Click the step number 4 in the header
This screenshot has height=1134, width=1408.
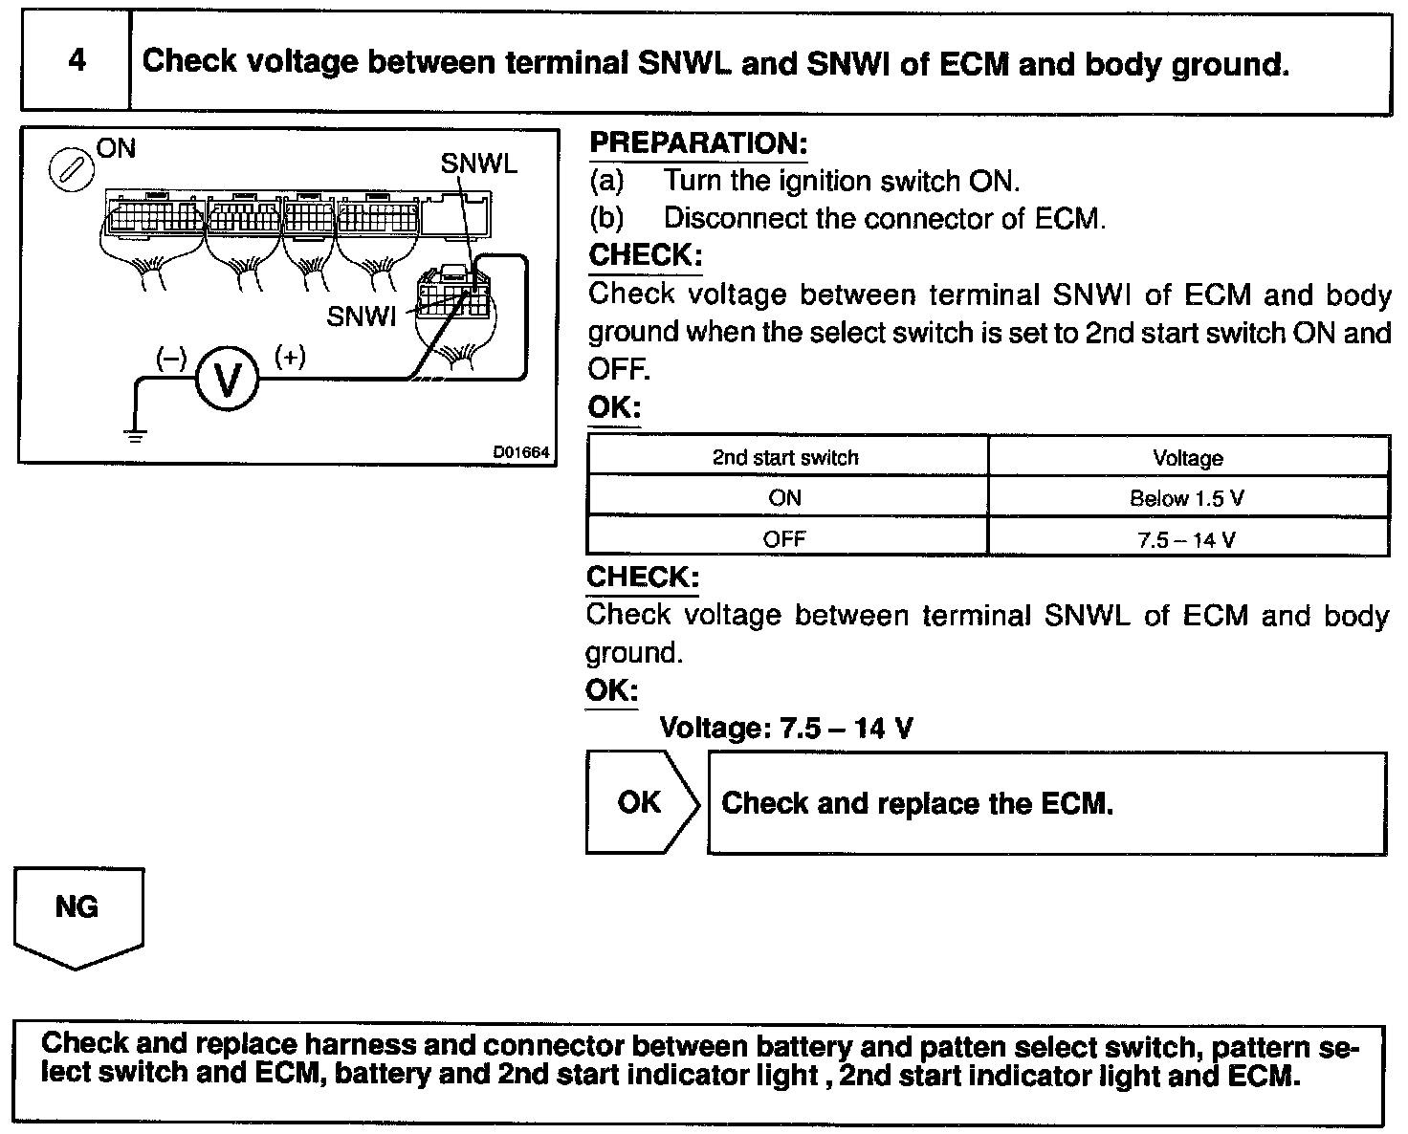click(77, 61)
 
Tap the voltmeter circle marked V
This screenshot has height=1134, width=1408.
click(228, 379)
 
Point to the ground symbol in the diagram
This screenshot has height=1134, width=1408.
click(137, 436)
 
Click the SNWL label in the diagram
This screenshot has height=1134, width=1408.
click(478, 164)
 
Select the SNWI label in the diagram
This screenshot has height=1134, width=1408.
click(361, 316)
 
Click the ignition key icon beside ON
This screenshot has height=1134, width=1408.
click(71, 170)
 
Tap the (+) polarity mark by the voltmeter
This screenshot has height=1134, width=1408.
click(290, 357)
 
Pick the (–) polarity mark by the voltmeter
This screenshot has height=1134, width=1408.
click(171, 358)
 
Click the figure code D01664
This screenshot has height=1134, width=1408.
click(521, 452)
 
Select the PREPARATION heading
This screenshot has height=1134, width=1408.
click(698, 143)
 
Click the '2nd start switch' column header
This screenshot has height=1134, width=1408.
click(785, 457)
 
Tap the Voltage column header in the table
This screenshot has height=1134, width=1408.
click(1188, 458)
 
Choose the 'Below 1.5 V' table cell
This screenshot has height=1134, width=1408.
click(1187, 498)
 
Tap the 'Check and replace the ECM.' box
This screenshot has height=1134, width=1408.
click(1046, 803)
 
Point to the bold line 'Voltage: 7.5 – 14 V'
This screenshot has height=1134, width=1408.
click(785, 729)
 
